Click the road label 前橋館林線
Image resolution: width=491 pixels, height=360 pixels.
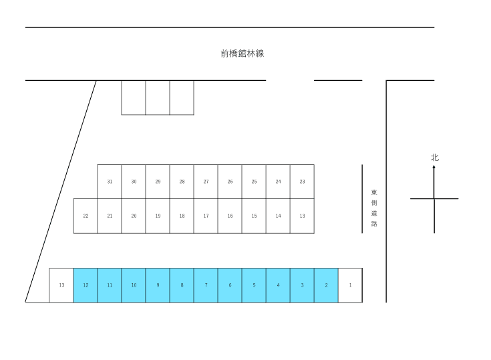(242, 53)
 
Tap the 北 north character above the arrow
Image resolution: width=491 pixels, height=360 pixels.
(435, 158)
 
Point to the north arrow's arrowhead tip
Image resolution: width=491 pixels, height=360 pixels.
(434, 165)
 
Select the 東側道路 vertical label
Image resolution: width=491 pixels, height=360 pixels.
(374, 208)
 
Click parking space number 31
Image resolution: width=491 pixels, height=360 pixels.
(110, 182)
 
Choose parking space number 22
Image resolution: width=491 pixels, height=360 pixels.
(86, 216)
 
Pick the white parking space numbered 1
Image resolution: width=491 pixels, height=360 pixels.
(351, 285)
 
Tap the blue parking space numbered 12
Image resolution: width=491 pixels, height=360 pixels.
(86, 285)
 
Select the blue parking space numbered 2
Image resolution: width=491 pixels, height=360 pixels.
(326, 285)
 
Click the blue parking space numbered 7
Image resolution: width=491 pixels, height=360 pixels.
(206, 285)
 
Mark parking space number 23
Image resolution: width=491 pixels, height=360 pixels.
(302, 182)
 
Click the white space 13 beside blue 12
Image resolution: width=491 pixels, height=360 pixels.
(61, 285)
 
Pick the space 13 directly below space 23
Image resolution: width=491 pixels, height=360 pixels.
(302, 216)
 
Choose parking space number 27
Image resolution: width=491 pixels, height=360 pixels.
(206, 182)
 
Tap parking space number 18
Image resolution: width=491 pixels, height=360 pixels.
(182, 216)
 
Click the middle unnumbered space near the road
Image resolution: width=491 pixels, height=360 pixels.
(158, 98)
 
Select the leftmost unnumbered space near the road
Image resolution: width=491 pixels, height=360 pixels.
(134, 98)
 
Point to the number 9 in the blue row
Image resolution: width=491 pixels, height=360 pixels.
(158, 285)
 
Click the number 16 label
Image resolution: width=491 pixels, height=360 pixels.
(230, 216)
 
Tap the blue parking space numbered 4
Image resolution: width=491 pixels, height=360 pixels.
(278, 285)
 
